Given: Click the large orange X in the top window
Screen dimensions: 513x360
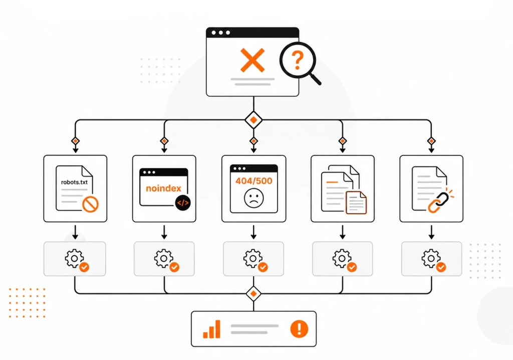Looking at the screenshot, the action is (x=252, y=60).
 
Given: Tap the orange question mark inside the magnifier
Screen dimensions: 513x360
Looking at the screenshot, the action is (x=298, y=61).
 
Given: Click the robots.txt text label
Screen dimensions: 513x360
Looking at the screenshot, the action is (x=74, y=182).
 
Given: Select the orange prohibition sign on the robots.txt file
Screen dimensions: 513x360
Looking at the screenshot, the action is (x=90, y=205).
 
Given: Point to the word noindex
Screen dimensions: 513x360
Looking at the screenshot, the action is (x=164, y=189).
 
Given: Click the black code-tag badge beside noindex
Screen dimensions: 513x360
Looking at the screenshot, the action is (x=182, y=203).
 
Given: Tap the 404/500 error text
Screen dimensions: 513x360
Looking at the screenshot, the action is (x=254, y=181).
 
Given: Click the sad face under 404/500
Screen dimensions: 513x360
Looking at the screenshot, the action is (x=254, y=198).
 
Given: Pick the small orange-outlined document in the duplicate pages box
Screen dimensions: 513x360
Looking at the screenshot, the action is (x=356, y=203).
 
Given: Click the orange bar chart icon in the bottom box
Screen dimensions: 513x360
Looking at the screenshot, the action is (x=212, y=329).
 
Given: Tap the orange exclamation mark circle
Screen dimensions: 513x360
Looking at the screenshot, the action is (x=299, y=328).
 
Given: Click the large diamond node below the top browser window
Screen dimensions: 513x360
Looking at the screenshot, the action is (x=253, y=120).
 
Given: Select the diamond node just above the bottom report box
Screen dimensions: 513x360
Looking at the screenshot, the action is (x=253, y=294).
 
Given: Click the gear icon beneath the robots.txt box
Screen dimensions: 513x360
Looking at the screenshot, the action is (x=74, y=258).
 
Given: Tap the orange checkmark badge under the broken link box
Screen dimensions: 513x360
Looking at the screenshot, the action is (x=441, y=267).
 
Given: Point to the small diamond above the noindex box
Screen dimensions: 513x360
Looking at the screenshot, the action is (x=164, y=141).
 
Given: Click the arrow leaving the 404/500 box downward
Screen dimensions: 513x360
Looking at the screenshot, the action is (x=253, y=232).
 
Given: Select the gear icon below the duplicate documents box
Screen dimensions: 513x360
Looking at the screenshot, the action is (x=342, y=258).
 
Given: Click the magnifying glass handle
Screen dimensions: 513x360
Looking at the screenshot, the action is (x=316, y=79).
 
